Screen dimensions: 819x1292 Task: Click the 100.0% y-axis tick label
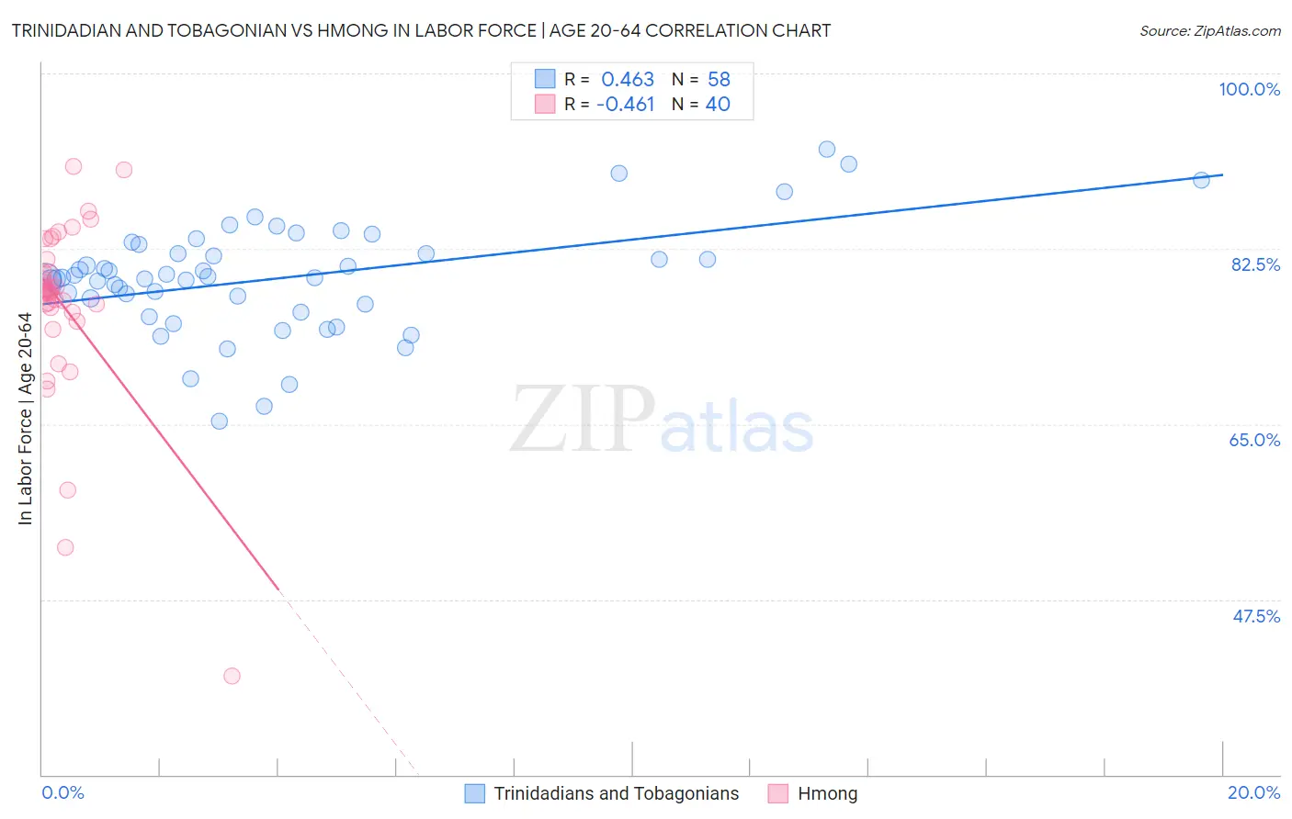(1249, 89)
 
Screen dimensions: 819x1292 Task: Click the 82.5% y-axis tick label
(1255, 264)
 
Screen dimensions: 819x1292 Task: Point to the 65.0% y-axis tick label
(1254, 440)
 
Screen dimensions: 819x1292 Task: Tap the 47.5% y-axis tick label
(1256, 616)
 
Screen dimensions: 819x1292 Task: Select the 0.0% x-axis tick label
(62, 792)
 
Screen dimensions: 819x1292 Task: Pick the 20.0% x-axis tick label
(1253, 792)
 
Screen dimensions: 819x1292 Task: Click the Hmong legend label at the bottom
(827, 793)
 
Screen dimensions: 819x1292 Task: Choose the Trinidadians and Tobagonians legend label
(616, 793)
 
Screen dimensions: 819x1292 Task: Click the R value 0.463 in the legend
(628, 80)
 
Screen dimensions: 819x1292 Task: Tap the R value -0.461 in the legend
(625, 105)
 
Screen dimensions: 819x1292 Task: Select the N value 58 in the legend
(719, 80)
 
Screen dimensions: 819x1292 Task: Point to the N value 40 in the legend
(718, 105)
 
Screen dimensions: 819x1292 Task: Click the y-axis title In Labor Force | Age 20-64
(26, 419)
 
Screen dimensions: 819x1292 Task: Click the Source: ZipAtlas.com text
(1209, 31)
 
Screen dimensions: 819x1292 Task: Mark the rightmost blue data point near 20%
(1201, 180)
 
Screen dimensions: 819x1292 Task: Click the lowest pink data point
(232, 676)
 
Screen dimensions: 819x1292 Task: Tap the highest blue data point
(827, 150)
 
